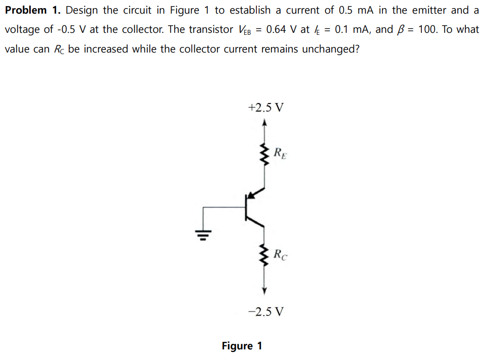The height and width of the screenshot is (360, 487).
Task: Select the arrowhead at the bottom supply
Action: click(x=263, y=291)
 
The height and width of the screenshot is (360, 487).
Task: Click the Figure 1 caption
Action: click(x=242, y=346)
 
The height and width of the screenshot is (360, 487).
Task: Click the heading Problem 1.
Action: click(x=33, y=10)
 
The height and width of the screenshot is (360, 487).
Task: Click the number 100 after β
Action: click(x=428, y=29)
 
